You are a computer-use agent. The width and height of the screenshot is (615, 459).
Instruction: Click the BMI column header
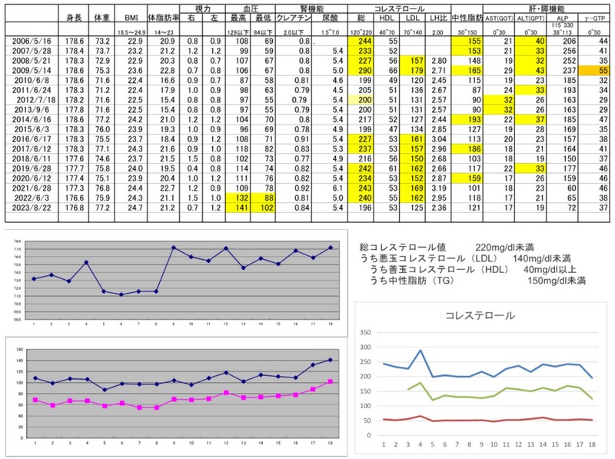coord(131,16)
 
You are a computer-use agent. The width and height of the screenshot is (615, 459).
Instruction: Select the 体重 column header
coord(102,16)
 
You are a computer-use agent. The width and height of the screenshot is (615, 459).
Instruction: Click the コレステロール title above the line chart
coord(480,315)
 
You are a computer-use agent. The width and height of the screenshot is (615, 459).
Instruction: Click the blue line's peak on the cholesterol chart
coord(421,351)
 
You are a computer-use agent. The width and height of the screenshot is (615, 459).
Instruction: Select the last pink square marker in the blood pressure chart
coord(330,381)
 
